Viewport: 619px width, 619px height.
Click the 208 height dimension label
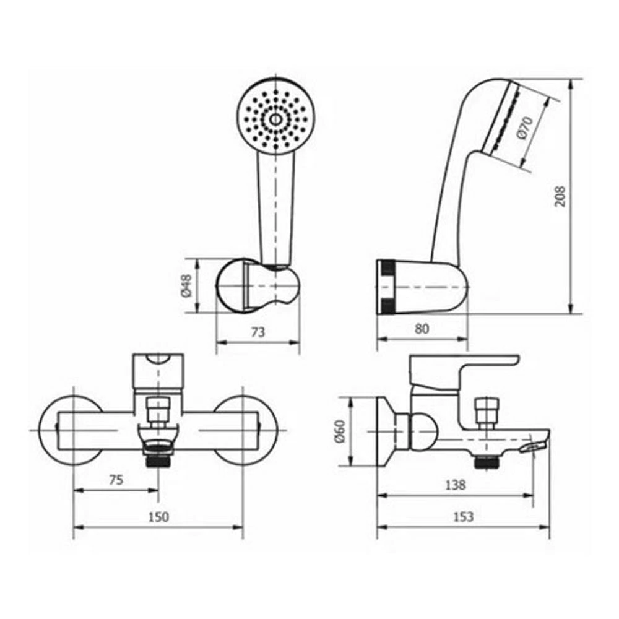click(560, 196)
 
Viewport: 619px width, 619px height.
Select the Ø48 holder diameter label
click(186, 286)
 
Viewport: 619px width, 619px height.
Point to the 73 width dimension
click(258, 332)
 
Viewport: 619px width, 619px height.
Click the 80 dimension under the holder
click(422, 329)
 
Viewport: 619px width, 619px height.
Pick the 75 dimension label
click(116, 480)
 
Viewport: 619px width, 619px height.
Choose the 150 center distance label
click(158, 517)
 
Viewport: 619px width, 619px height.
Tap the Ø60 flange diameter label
click(340, 431)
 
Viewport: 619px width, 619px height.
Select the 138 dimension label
click(455, 485)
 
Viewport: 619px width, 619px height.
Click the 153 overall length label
click(463, 516)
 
